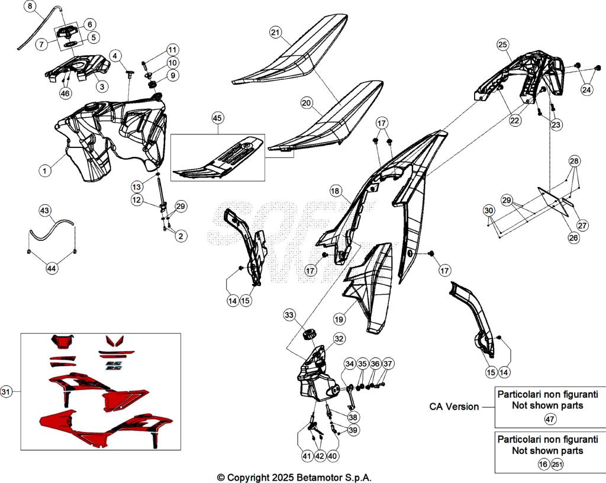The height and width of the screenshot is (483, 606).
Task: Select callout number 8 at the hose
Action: click(x=31, y=7)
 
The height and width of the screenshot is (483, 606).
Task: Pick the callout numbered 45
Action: click(x=218, y=118)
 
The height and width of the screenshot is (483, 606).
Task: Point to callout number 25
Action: click(x=502, y=44)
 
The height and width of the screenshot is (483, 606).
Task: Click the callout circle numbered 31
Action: click(x=7, y=391)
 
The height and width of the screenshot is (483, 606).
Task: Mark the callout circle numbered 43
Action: click(x=46, y=211)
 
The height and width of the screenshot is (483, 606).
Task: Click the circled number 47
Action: click(x=550, y=418)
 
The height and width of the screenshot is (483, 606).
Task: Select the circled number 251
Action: click(x=557, y=465)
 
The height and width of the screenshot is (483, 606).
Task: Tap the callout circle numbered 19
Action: click(x=339, y=319)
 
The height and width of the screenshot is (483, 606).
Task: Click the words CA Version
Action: click(x=454, y=407)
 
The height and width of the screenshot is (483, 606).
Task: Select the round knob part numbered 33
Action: click(x=308, y=336)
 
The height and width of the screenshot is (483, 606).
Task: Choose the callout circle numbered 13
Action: click(x=136, y=185)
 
